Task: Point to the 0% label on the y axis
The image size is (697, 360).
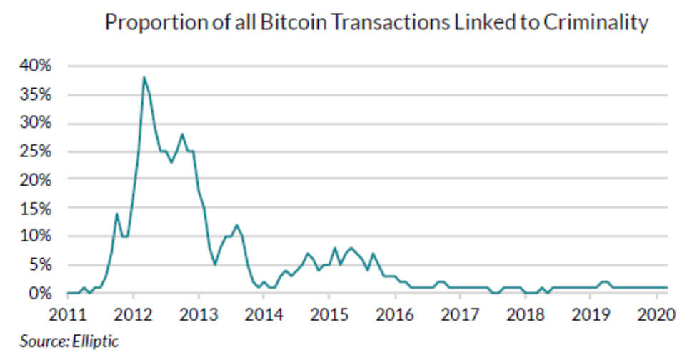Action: [x=41, y=294]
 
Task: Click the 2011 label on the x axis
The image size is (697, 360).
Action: [x=69, y=314]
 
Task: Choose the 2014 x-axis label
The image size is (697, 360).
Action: [x=264, y=314]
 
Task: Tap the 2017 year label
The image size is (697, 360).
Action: [x=460, y=314]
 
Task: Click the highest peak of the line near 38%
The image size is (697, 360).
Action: [x=144, y=77]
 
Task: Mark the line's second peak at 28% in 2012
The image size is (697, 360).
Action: [x=182, y=134]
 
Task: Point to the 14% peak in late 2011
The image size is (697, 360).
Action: [x=116, y=214]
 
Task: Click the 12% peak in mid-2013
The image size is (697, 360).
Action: [x=236, y=225]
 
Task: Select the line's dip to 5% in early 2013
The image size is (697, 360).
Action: [x=215, y=264]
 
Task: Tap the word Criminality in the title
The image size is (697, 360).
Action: [x=596, y=23]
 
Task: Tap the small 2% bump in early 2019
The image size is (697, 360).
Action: [x=604, y=282]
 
